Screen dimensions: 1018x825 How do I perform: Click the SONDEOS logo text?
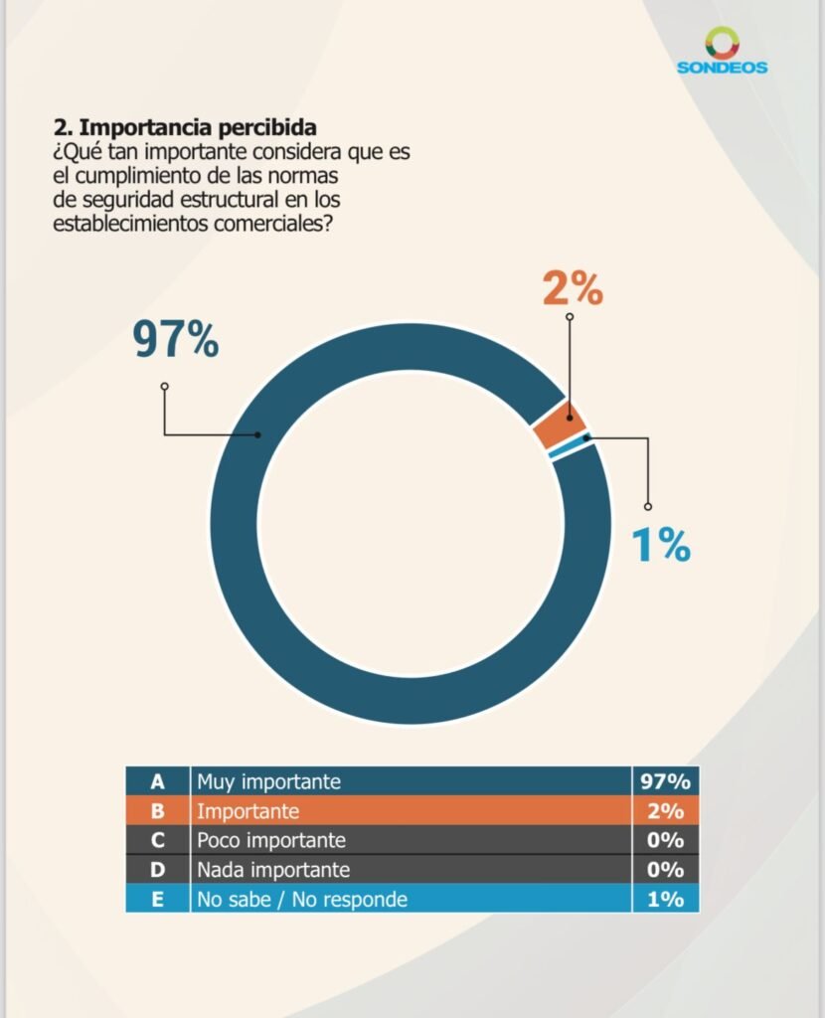click(722, 68)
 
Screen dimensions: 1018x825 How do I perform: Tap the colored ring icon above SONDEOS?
click(723, 42)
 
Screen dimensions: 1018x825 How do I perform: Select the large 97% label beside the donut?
click(176, 340)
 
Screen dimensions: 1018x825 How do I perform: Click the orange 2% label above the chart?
click(573, 289)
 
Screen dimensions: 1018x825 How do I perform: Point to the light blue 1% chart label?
click(661, 545)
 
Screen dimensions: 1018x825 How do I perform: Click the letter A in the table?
click(157, 781)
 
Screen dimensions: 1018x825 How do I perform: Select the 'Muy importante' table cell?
click(268, 781)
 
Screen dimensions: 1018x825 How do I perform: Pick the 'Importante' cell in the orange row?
click(247, 811)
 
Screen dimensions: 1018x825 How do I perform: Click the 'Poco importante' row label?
click(270, 841)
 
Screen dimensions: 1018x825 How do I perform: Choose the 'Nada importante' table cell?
click(273, 870)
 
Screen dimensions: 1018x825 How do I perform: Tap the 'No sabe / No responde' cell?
click(302, 900)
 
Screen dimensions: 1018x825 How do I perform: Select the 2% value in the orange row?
click(665, 811)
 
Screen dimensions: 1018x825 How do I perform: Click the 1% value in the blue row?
click(665, 900)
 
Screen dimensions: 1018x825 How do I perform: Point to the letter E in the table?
click(157, 900)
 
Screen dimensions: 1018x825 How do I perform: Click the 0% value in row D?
click(665, 870)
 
